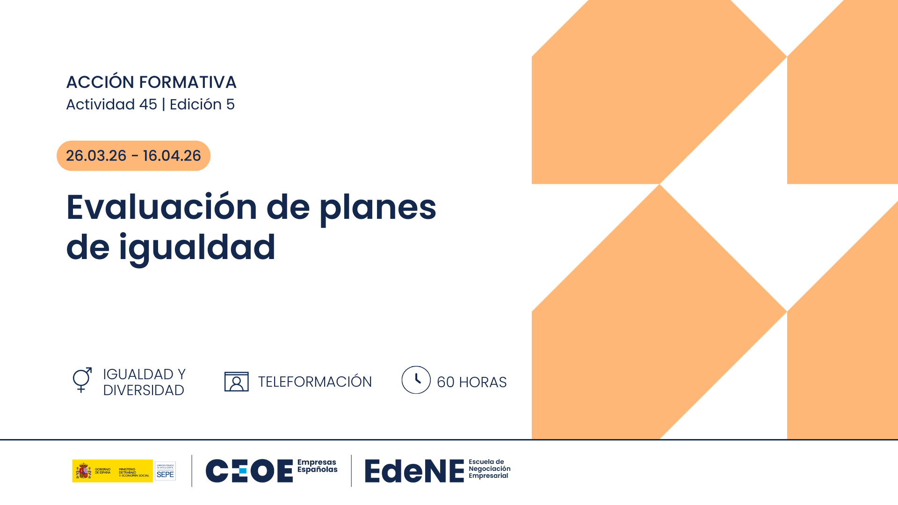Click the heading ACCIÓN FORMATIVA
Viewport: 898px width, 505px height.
(151, 82)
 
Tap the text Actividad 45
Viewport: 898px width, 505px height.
(111, 104)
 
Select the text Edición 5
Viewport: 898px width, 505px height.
(202, 104)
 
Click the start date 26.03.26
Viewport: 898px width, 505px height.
(96, 156)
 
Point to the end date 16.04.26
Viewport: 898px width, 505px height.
(172, 156)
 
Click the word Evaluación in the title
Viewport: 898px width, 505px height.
(162, 207)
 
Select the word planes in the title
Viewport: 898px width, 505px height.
(378, 208)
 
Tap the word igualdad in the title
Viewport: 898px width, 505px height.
(197, 248)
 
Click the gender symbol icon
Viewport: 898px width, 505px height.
(82, 380)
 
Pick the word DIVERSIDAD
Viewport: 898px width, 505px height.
(144, 390)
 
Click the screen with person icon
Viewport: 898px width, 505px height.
(236, 382)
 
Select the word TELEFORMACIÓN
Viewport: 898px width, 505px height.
(315, 382)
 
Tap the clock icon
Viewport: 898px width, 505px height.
(416, 380)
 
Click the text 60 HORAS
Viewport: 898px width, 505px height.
(471, 382)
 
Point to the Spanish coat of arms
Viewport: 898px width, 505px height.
(84, 470)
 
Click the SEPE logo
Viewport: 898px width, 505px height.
(165, 471)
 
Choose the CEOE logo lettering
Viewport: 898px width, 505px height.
(249, 470)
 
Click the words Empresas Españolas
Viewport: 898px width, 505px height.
(317, 466)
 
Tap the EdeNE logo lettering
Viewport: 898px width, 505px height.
(414, 471)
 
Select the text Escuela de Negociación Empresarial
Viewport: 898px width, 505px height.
(489, 469)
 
